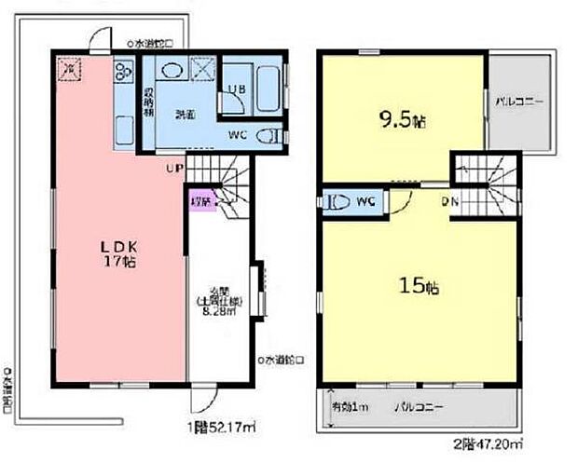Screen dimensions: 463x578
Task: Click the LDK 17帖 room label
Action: coord(119,254)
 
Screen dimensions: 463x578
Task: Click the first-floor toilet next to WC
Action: coord(268,135)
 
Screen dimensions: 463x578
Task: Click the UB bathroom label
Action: coord(236,89)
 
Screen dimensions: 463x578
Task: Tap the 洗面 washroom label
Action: coord(185,115)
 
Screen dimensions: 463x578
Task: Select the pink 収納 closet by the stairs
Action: coord(201,202)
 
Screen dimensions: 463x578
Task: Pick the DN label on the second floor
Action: coord(449,199)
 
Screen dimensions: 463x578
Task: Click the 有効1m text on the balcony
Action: coord(350,407)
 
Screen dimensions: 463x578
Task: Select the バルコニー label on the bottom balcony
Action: coord(418,407)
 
